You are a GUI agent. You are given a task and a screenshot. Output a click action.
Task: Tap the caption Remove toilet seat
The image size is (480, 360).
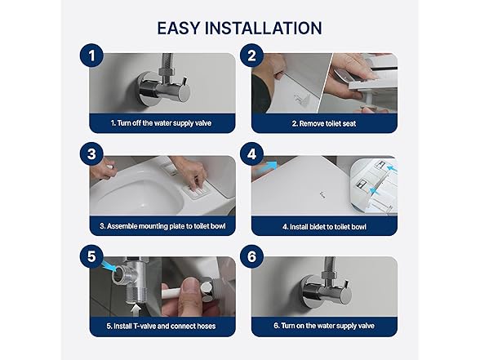324,124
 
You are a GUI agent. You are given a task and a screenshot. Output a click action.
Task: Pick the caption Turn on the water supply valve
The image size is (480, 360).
324,326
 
